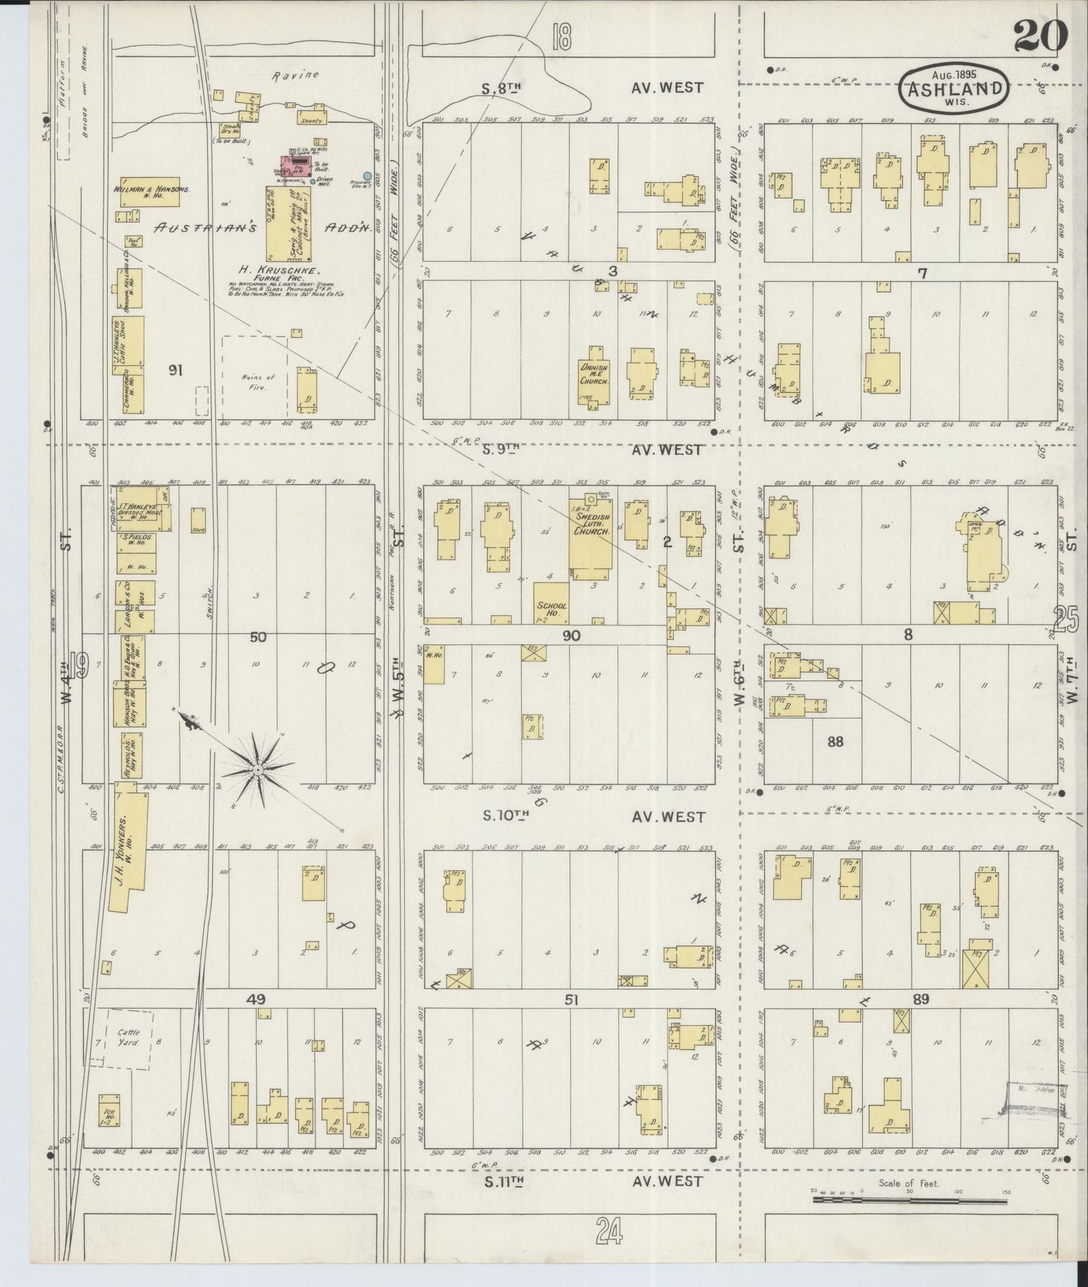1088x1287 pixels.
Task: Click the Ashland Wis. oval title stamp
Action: pos(954,89)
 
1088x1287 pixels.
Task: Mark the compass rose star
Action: pos(258,770)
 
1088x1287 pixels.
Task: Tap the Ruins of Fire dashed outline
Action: pos(254,376)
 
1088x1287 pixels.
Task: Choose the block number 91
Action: pos(176,370)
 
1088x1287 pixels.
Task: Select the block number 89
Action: pos(920,999)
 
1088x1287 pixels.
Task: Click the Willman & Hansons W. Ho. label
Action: pos(151,193)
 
